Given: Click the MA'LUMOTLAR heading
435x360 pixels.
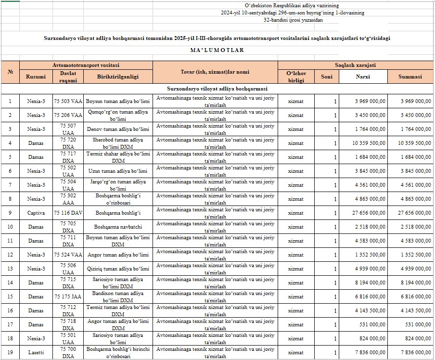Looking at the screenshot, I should (x=217, y=50).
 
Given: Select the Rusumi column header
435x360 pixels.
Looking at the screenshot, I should (x=36, y=77).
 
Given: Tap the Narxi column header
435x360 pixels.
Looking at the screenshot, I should (x=363, y=77).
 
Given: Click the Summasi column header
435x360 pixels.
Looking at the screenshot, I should (x=410, y=77).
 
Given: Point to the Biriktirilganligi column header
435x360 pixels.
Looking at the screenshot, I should (x=117, y=77).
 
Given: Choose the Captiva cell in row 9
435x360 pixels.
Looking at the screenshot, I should (x=36, y=213).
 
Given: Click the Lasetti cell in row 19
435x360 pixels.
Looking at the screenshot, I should (x=36, y=352).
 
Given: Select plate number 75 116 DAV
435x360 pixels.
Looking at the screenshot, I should (x=68, y=213).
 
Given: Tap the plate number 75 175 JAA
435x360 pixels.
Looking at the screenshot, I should (x=68, y=296).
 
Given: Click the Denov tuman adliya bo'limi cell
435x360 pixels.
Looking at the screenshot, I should (x=117, y=129).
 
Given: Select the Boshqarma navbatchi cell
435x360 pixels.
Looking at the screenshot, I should (x=117, y=227).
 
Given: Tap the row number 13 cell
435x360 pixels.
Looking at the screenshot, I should (x=10, y=269).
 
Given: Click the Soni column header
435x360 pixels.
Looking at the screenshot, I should (x=326, y=77).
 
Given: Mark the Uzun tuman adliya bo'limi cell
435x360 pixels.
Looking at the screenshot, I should (x=117, y=171).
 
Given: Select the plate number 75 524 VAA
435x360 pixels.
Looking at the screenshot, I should (x=68, y=255).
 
